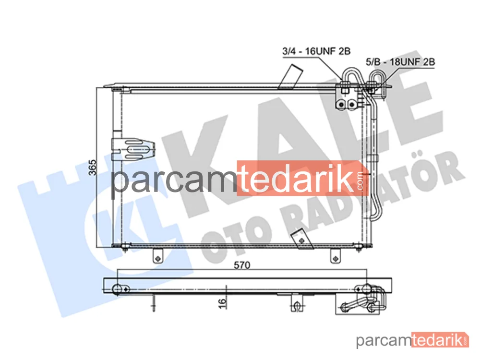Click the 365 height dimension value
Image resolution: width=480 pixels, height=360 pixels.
tap(93, 168)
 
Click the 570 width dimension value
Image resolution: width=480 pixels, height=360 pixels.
tap(242, 265)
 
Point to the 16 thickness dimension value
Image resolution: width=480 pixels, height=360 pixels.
tap(223, 303)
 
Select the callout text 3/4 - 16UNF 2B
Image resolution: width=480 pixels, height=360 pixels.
tap(316, 51)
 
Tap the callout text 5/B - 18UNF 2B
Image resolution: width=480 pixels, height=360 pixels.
tap(400, 62)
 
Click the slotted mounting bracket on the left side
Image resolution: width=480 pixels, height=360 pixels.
tap(133, 149)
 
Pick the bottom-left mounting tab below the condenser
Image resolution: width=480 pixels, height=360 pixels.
tap(158, 256)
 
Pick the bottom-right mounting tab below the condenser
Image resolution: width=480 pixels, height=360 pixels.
tap(336, 256)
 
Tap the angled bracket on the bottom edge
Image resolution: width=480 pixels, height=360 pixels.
tap(302, 240)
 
